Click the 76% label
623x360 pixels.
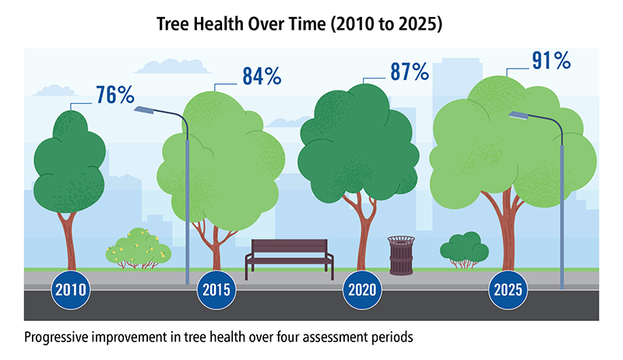click(x=115, y=94)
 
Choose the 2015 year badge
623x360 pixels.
click(x=216, y=291)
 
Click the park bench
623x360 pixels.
click(x=289, y=257)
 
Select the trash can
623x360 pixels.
click(x=401, y=255)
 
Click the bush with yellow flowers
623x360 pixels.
click(x=139, y=249)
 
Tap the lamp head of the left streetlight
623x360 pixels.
click(x=146, y=111)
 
